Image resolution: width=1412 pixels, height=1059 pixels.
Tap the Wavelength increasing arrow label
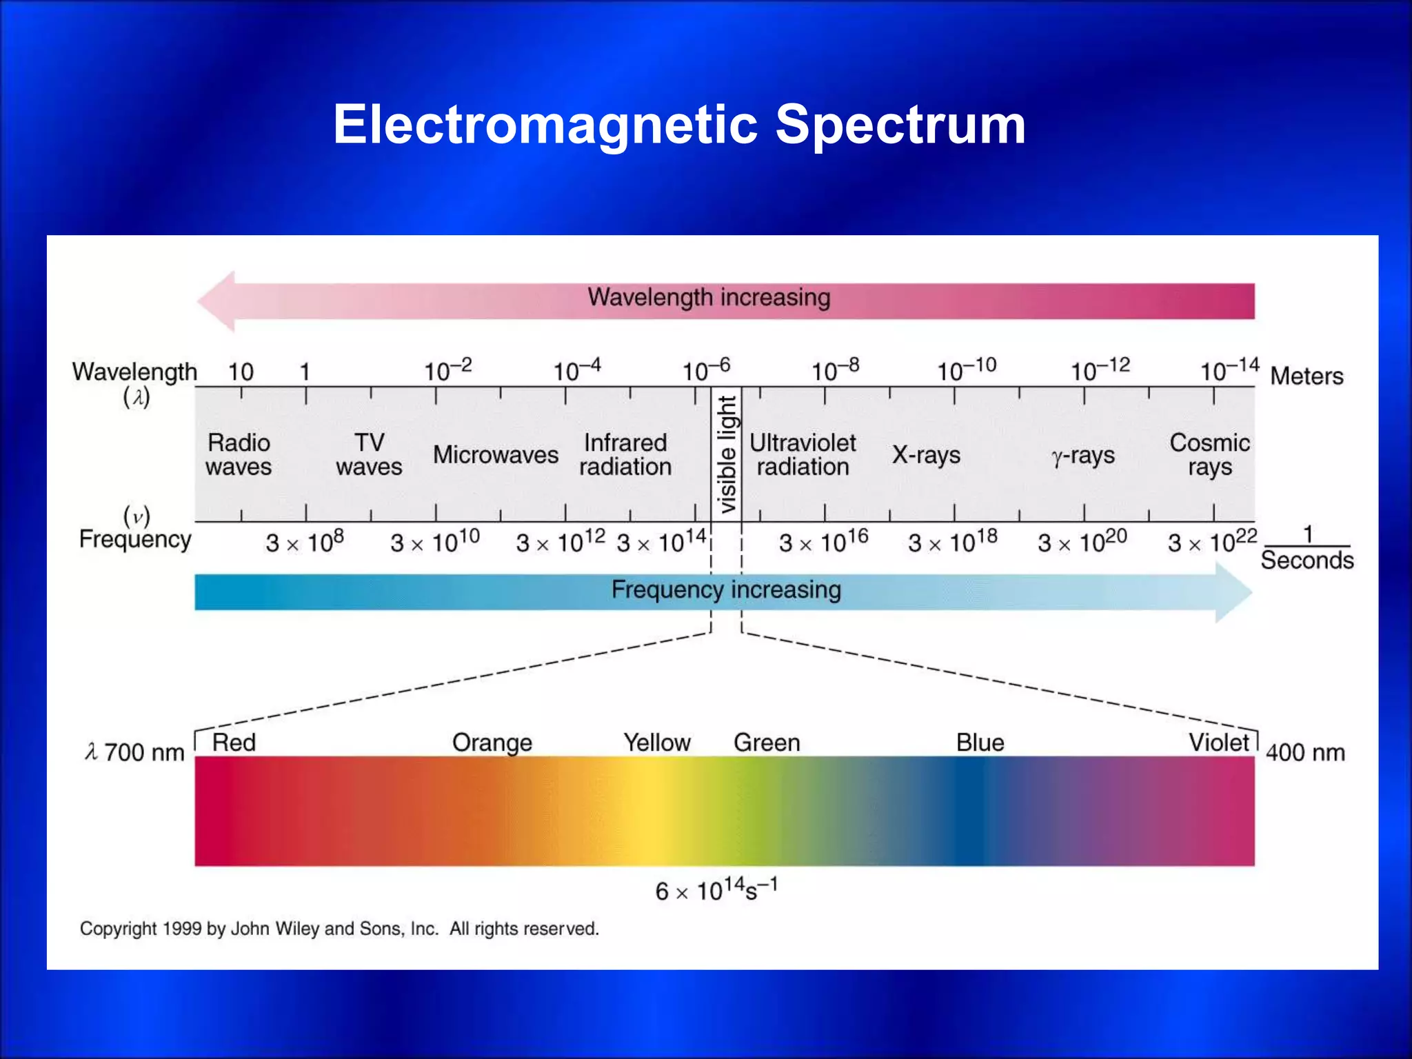(x=709, y=298)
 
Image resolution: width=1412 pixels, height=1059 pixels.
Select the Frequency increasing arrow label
(x=726, y=590)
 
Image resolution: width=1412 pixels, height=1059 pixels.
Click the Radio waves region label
(x=239, y=455)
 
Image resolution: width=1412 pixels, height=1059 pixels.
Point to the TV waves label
(x=369, y=455)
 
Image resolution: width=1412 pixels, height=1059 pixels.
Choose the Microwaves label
(x=495, y=455)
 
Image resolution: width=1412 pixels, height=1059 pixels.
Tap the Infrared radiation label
(x=625, y=455)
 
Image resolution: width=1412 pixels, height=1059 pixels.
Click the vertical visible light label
(x=727, y=454)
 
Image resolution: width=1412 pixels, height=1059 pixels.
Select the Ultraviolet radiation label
(x=803, y=455)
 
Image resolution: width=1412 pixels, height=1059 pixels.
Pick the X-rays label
(x=926, y=455)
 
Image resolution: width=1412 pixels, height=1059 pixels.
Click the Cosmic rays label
(x=1209, y=455)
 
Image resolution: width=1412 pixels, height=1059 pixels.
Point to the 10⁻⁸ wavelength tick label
(x=834, y=370)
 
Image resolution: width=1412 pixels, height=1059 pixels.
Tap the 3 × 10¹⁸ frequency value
(x=952, y=542)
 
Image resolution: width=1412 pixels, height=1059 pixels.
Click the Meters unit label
(x=1307, y=376)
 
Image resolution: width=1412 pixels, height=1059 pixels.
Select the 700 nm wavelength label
(x=143, y=752)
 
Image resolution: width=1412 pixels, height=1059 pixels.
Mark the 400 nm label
(x=1304, y=752)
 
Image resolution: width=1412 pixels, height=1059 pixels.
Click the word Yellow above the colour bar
(x=656, y=743)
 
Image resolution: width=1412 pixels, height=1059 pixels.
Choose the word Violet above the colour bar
(x=1218, y=743)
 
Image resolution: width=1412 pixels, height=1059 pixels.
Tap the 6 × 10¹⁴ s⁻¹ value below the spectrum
(x=716, y=890)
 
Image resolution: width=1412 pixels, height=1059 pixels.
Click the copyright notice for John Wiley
(x=339, y=929)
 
